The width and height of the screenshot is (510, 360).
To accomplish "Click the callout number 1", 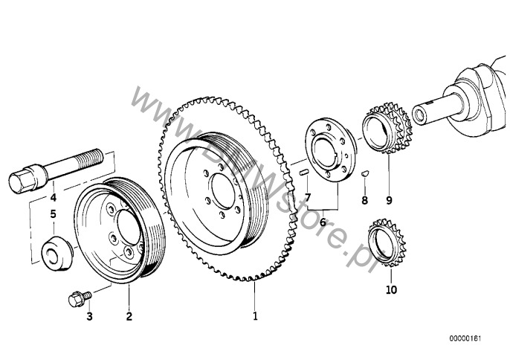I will [x=255, y=316].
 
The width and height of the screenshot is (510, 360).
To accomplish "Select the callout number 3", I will [x=89, y=317].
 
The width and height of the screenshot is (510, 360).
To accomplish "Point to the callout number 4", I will [x=53, y=198].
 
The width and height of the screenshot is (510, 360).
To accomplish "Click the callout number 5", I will [x=53, y=215].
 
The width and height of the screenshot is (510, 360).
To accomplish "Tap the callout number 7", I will [x=306, y=196].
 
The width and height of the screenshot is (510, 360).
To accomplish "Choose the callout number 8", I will [x=364, y=200].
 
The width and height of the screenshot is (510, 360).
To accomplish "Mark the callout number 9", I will [x=388, y=200].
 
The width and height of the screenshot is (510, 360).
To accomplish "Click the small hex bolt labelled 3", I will [x=75, y=298].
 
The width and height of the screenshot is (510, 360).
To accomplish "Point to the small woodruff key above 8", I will [x=364, y=175].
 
